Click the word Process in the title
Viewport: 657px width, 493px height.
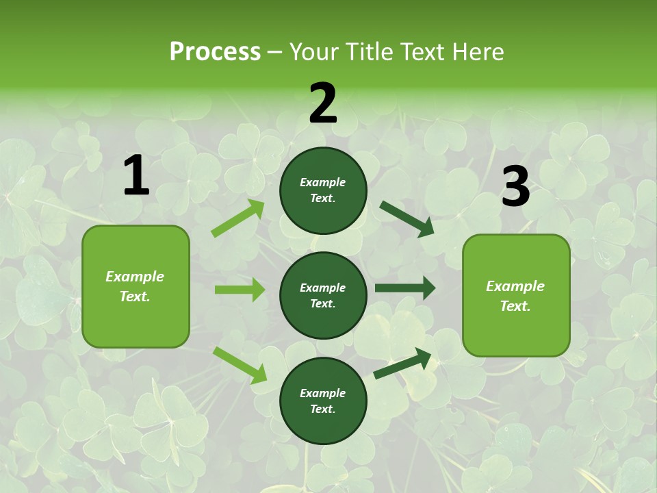[215, 52]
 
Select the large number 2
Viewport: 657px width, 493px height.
[323, 104]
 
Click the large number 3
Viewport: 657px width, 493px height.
[515, 188]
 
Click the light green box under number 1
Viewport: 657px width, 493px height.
[136, 286]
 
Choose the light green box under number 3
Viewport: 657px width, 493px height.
[516, 295]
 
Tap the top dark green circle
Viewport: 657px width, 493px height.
[323, 190]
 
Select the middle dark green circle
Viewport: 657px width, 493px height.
[323, 295]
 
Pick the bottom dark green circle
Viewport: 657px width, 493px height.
[323, 401]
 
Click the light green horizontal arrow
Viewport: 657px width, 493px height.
[240, 290]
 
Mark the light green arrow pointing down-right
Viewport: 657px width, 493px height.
[240, 365]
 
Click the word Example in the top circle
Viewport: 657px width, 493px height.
[323, 183]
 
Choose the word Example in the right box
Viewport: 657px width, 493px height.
[515, 286]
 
